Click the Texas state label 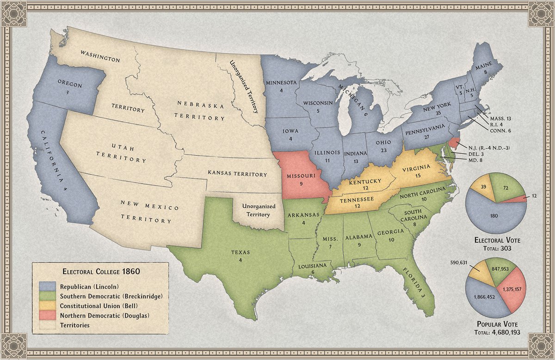pyautogui.click(x=240, y=252)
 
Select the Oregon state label pyautogui.click(x=70, y=85)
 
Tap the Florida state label pyautogui.click(x=413, y=279)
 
